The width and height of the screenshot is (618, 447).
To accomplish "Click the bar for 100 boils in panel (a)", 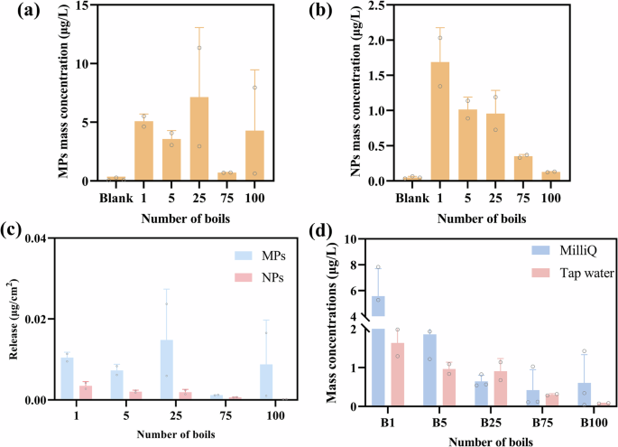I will click(x=255, y=155).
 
